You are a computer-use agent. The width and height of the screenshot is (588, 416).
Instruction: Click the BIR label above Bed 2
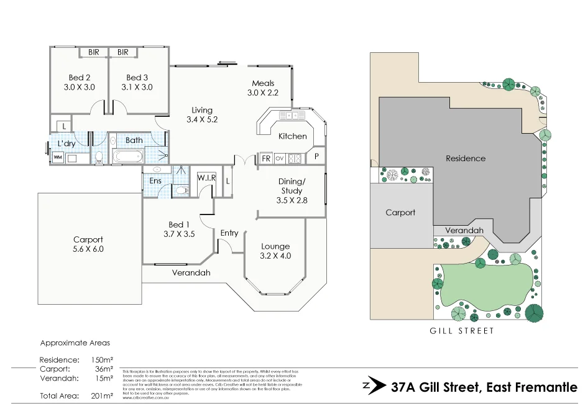tap(94, 52)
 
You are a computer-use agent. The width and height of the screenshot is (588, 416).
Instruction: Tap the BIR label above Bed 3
tap(123, 52)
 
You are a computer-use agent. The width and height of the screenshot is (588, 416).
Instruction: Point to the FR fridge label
tap(265, 158)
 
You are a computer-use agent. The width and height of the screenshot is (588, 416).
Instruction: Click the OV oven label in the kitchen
tap(280, 158)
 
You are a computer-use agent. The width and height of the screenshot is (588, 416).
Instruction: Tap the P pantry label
tap(316, 157)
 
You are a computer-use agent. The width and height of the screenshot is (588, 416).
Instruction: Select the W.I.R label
tap(206, 178)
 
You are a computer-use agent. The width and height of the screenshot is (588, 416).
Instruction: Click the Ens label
tap(155, 180)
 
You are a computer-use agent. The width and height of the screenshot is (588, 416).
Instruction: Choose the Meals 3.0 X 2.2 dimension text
tap(263, 93)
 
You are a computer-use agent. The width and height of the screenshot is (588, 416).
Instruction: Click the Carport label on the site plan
tap(400, 213)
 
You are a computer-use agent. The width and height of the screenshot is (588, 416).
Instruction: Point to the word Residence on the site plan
tap(466, 159)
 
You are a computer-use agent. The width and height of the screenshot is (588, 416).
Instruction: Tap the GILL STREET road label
tap(462, 331)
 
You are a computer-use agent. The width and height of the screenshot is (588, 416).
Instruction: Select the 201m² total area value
tap(102, 395)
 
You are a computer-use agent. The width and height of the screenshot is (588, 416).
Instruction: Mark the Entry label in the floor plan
tap(229, 233)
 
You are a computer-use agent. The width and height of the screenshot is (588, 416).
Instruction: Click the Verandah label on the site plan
tap(464, 230)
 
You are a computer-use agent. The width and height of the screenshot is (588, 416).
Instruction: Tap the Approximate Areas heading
tap(75, 343)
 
